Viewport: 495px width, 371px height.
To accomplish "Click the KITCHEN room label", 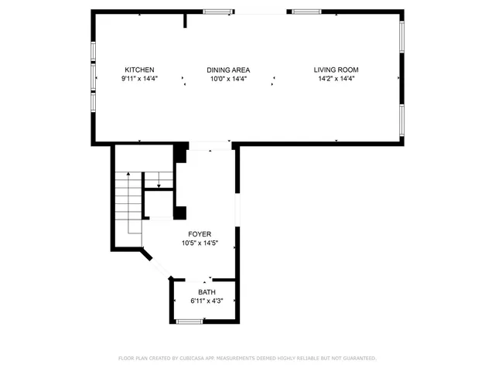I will (140, 70).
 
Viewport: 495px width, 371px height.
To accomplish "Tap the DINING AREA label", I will (228, 70).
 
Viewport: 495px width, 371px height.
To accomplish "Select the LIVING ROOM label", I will (336, 70).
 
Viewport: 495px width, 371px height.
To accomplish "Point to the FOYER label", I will (200, 233).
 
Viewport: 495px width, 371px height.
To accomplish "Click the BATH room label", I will (207, 291).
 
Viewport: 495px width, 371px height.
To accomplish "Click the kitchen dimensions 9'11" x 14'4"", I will (140, 79).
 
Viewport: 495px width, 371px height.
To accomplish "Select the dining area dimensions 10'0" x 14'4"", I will (228, 79).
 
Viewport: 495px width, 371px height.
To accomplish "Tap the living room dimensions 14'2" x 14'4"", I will (336, 79).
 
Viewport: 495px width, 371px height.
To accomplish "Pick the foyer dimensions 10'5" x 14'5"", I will (200, 243).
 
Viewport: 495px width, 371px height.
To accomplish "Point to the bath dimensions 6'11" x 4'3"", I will (207, 301).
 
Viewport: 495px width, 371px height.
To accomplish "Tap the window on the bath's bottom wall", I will (189, 320).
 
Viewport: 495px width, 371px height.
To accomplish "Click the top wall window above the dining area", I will (218, 12).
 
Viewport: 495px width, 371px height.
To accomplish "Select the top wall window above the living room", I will (306, 12).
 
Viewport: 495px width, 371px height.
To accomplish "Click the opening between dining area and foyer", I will (210, 144).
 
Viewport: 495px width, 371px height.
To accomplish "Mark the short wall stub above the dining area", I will (185, 19).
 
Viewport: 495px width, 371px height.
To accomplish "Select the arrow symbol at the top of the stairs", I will (159, 184).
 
